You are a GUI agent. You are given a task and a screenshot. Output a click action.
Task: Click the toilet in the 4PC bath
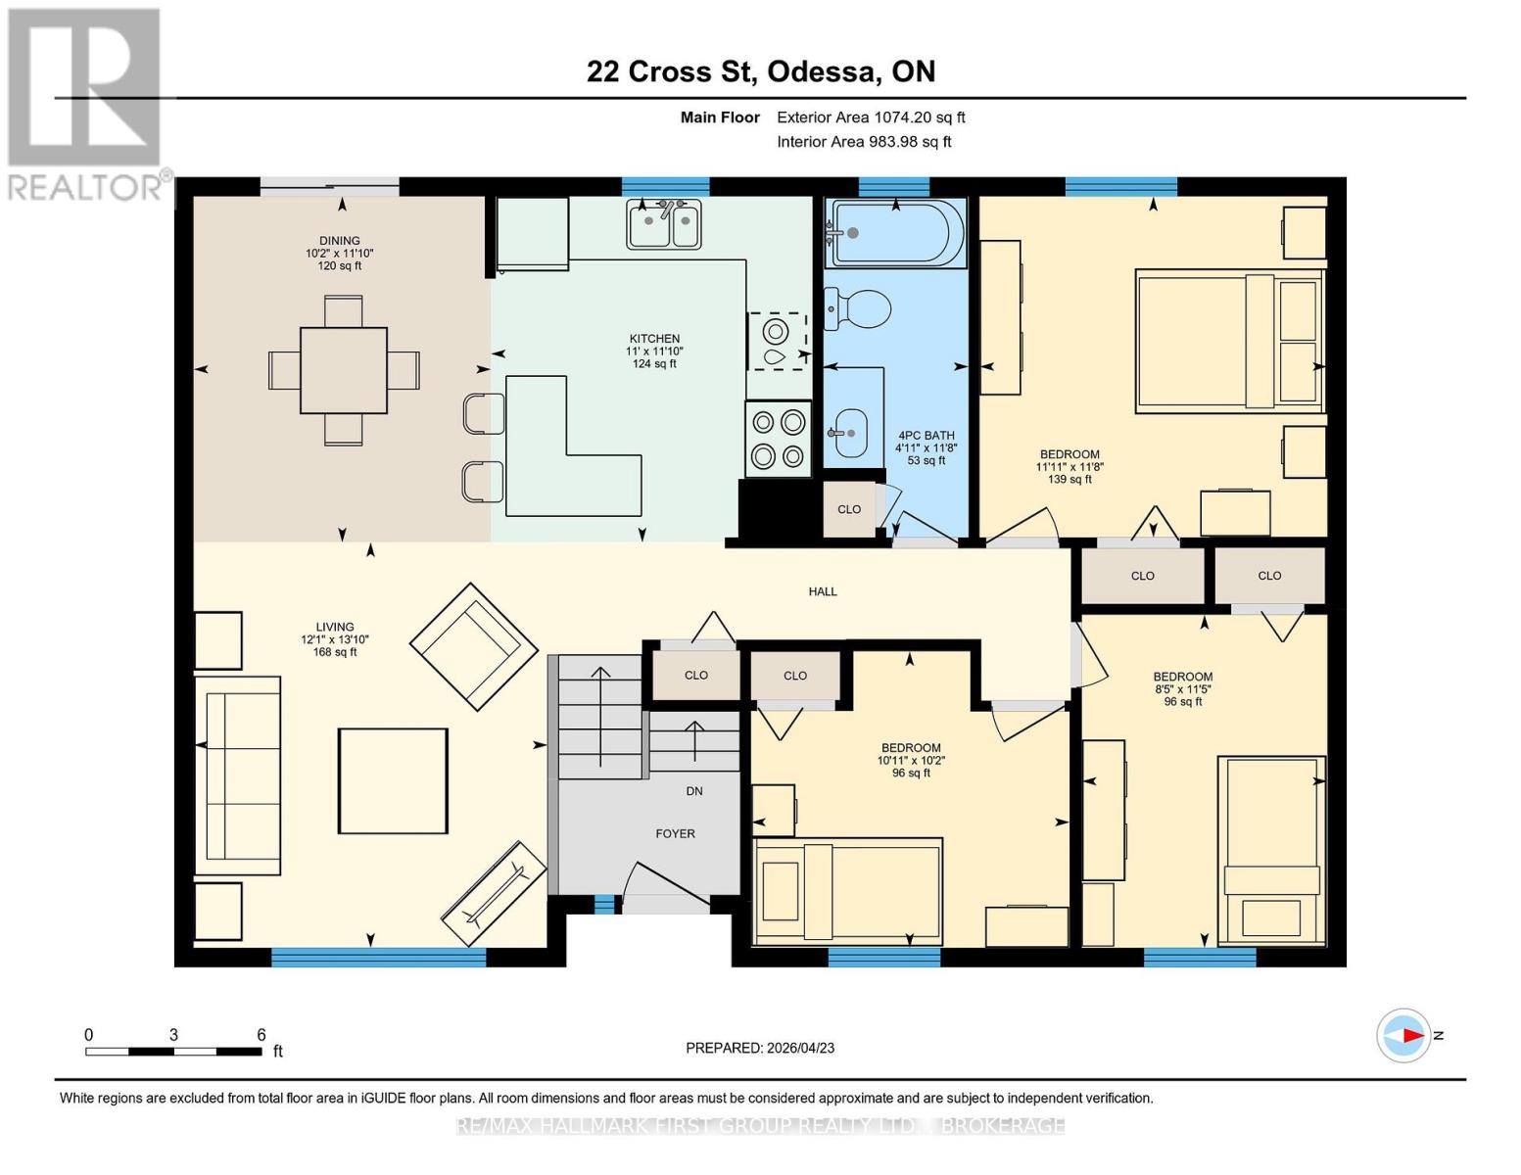pyautogui.click(x=858, y=309)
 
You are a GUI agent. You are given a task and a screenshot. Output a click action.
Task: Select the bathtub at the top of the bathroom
pyautogui.click(x=895, y=233)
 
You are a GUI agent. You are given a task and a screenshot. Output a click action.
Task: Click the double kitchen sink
pyautogui.click(x=665, y=225)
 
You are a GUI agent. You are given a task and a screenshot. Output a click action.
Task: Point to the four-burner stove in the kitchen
pyautogui.click(x=778, y=439)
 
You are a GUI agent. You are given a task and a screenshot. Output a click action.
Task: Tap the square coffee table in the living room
pyautogui.click(x=393, y=780)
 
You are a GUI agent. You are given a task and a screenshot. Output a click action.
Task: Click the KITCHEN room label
pyautogui.click(x=654, y=339)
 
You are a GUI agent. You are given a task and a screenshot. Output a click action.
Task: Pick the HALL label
pyautogui.click(x=823, y=591)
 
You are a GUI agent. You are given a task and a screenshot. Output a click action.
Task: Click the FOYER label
pyautogui.click(x=675, y=834)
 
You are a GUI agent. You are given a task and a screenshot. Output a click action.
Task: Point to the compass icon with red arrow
pyautogui.click(x=1404, y=1035)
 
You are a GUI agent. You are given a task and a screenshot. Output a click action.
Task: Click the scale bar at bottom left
pyautogui.click(x=173, y=1052)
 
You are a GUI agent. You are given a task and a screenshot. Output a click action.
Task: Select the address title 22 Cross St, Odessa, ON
pyautogui.click(x=760, y=71)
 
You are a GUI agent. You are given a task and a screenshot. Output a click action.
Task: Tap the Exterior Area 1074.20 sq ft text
pyautogui.click(x=871, y=117)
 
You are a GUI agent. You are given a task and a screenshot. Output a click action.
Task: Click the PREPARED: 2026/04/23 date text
pyautogui.click(x=760, y=1048)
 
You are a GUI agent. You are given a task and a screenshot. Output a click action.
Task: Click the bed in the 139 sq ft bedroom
pyautogui.click(x=1229, y=340)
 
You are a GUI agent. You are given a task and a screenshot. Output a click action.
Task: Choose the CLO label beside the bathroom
pyautogui.click(x=849, y=509)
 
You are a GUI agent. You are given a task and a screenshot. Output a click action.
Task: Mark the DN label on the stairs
pyautogui.click(x=693, y=791)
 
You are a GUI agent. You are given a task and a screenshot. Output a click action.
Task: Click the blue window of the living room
pyautogui.click(x=378, y=958)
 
